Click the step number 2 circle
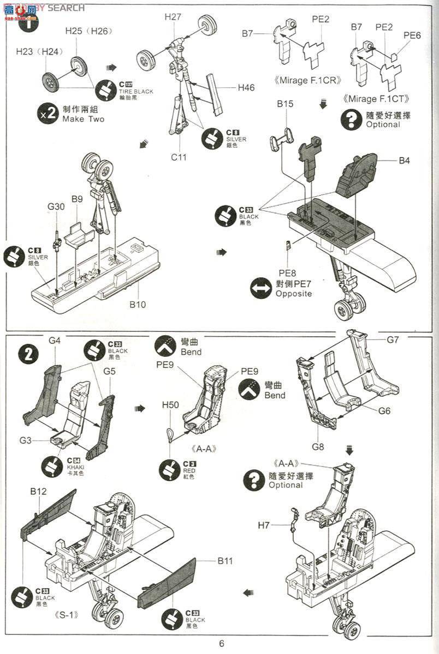[28, 355]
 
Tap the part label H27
[173, 17]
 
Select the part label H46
[246, 87]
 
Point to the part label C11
[179, 158]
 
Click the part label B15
[285, 104]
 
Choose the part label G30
[56, 207]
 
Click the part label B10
[138, 305]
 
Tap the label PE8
[287, 272]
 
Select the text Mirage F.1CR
[309, 81]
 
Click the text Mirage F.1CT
[377, 99]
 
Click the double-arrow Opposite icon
[261, 288]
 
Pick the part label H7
[264, 525]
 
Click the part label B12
[38, 491]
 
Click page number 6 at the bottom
[222, 643]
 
